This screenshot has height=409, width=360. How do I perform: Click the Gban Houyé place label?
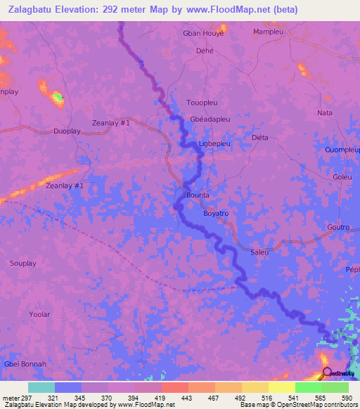click(x=203, y=33)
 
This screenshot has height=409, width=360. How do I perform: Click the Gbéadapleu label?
click(x=210, y=119)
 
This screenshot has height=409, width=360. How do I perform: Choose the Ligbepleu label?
click(x=215, y=143)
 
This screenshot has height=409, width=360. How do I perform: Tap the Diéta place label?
click(x=260, y=138)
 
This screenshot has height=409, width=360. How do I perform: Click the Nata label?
click(x=324, y=112)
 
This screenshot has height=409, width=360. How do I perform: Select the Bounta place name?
click(x=198, y=195)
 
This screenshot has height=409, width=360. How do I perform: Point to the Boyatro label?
click(x=216, y=212)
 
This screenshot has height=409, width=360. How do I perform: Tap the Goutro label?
click(x=338, y=228)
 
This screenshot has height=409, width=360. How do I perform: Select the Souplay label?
click(x=23, y=264)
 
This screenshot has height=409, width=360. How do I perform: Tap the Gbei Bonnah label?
click(x=25, y=363)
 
